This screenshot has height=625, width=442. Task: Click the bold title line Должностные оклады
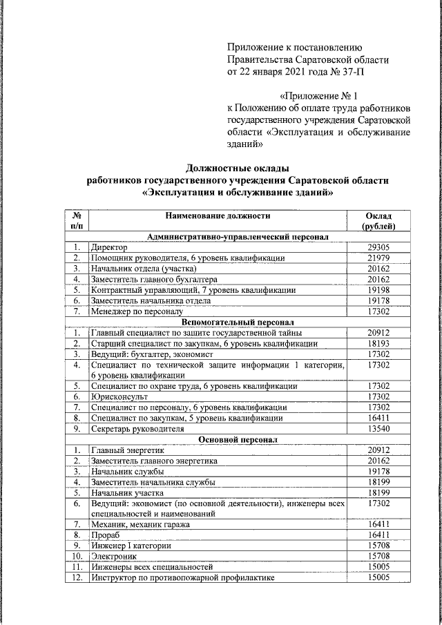click(238, 167)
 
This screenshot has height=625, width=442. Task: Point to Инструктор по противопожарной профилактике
click(182, 577)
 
